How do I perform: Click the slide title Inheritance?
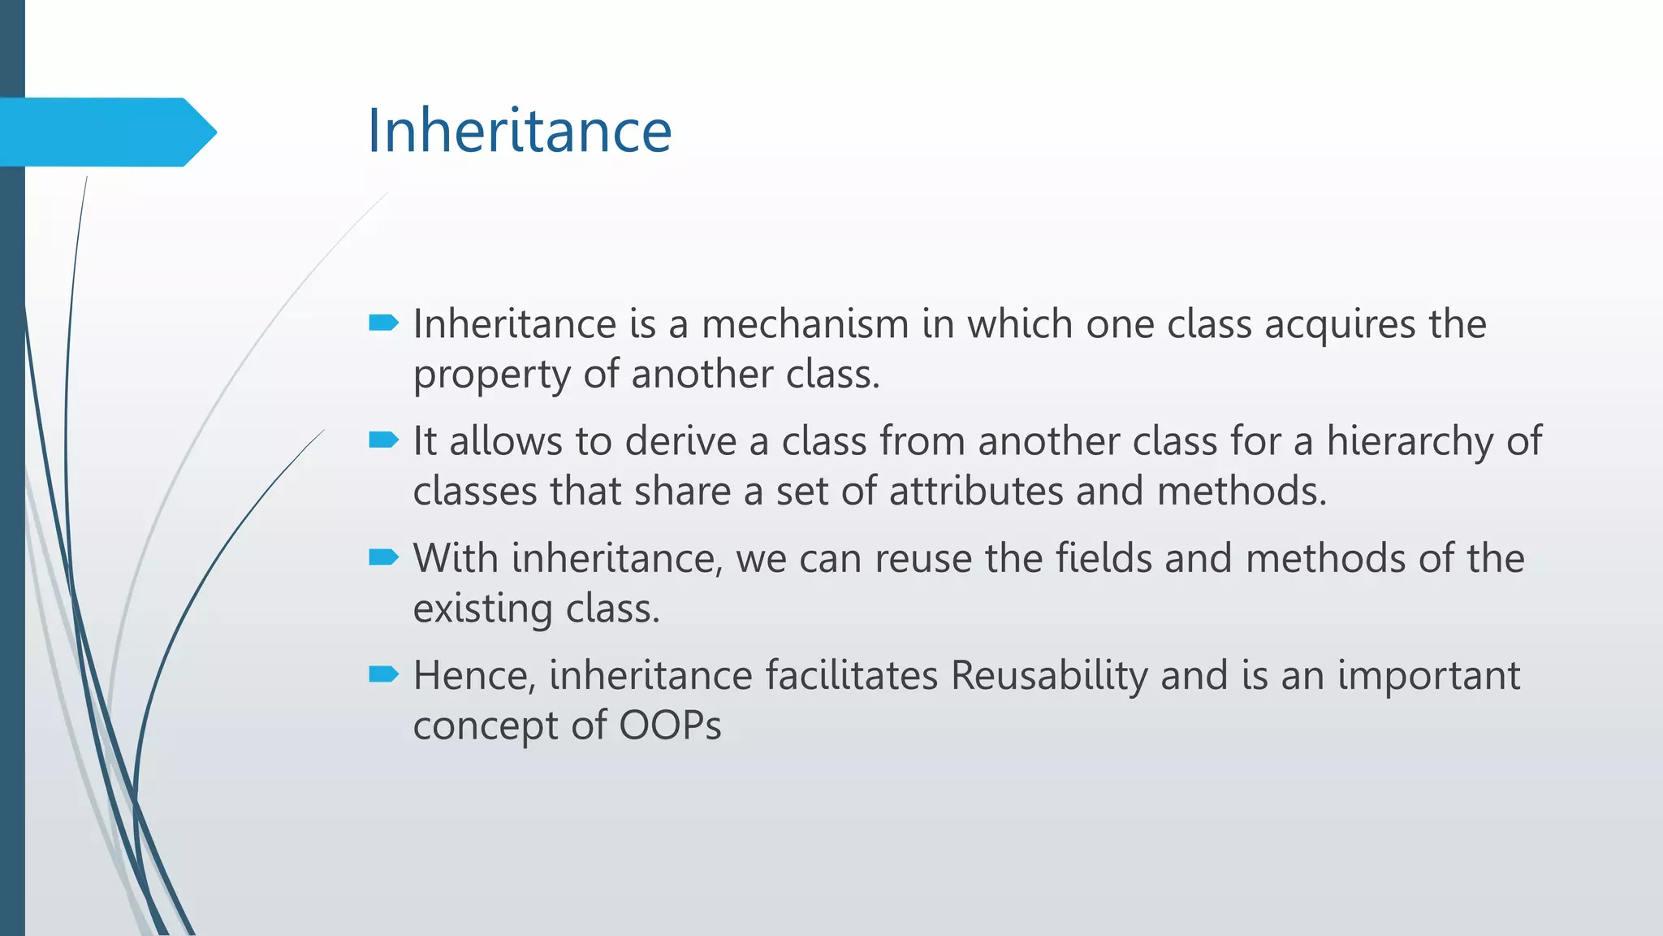pos(520,131)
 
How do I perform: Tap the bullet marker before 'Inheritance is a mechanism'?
pos(383,323)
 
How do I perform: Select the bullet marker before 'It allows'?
pos(383,440)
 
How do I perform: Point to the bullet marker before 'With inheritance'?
pos(383,557)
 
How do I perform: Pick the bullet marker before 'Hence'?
pos(383,674)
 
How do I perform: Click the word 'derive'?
pos(680,441)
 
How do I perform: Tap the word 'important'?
pos(1428,677)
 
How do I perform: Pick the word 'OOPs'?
pos(670,726)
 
